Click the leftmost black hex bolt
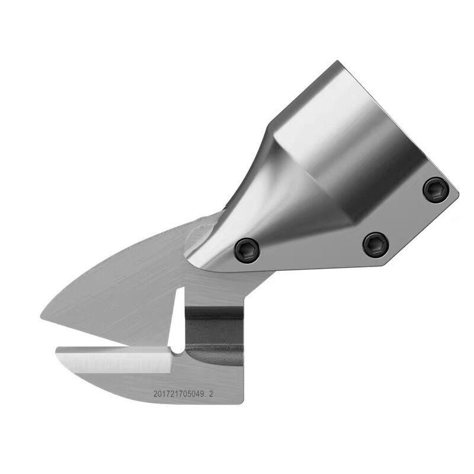tap(247, 250)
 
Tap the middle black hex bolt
tap(376, 245)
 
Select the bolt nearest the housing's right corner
tap(436, 190)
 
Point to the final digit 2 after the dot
tap(211, 394)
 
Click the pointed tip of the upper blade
tap(41, 316)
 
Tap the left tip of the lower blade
tap(57, 351)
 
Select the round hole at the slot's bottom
tap(177, 350)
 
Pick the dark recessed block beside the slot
tap(214, 335)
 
